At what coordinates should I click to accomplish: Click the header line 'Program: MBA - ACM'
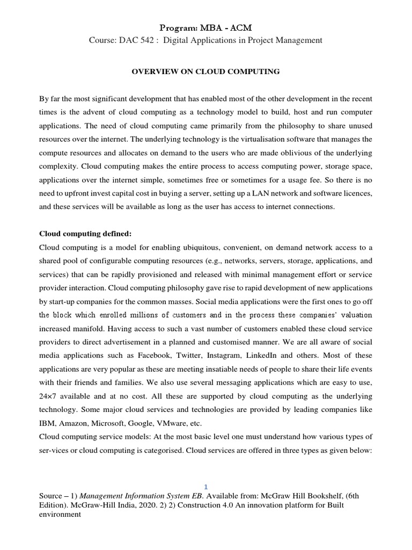(205, 27)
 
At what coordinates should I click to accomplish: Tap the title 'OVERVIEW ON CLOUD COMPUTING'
(205, 71)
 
